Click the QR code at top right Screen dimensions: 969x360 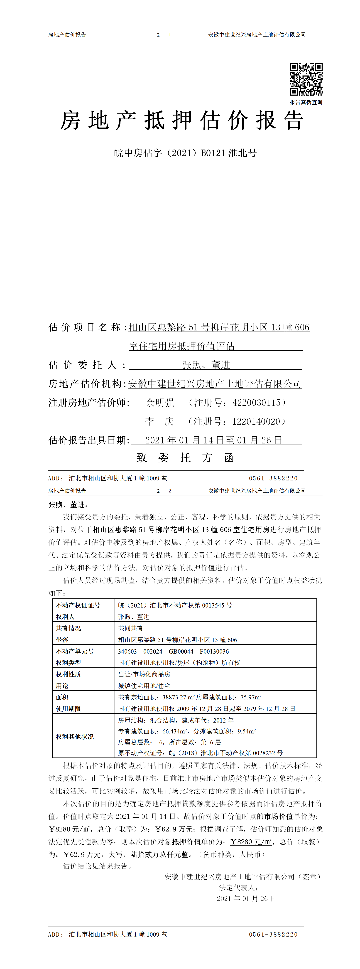click(x=306, y=79)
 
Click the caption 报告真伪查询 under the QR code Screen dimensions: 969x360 click(x=306, y=102)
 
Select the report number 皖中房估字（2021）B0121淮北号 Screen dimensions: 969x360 click(x=186, y=153)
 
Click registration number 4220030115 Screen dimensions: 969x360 click(x=257, y=403)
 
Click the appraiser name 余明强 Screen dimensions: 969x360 click(x=160, y=403)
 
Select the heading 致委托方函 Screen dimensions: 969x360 click(x=186, y=458)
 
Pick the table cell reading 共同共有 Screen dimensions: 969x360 click(x=130, y=628)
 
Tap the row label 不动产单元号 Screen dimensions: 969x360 click(x=75, y=651)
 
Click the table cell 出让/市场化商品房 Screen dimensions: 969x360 click(x=144, y=674)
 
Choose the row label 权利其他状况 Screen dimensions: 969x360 click(x=75, y=737)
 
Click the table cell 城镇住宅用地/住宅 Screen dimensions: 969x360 click(x=144, y=686)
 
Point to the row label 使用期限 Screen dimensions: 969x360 click(x=69, y=709)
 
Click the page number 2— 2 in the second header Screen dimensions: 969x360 click(x=164, y=491)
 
